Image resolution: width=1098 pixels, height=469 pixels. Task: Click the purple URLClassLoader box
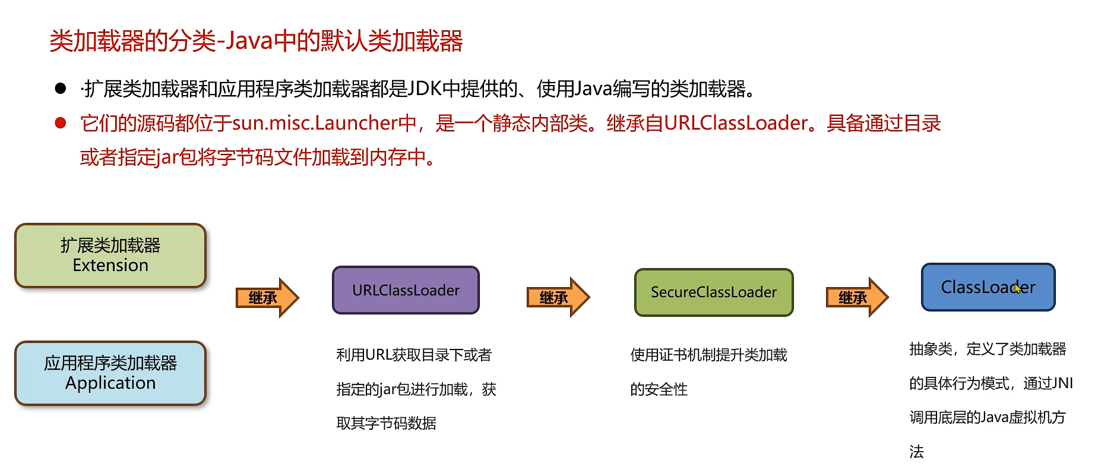406,290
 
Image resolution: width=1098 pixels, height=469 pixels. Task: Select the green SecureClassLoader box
713,292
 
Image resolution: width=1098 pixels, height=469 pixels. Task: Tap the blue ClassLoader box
988,287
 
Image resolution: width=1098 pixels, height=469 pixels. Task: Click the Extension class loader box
110,256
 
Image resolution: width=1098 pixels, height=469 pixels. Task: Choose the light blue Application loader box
110,373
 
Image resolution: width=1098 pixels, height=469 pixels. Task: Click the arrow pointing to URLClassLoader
267,297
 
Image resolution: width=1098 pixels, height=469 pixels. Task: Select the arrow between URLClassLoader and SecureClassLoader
558,297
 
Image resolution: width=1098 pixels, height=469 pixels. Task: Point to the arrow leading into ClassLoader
856,297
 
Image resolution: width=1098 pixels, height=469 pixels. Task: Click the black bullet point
60,89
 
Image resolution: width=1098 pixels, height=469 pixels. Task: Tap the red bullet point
60,123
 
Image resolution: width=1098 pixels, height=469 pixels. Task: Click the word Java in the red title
249,41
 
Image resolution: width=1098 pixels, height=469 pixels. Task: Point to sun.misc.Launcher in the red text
315,123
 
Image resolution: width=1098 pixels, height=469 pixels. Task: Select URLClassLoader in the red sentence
736,123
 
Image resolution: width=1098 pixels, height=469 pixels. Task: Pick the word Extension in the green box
110,265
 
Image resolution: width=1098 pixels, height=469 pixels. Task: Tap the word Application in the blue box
110,383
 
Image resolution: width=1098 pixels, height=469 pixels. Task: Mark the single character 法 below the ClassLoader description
916,452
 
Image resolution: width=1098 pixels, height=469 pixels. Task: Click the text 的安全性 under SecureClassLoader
659,389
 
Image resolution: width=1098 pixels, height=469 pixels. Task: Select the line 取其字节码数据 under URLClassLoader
386,423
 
